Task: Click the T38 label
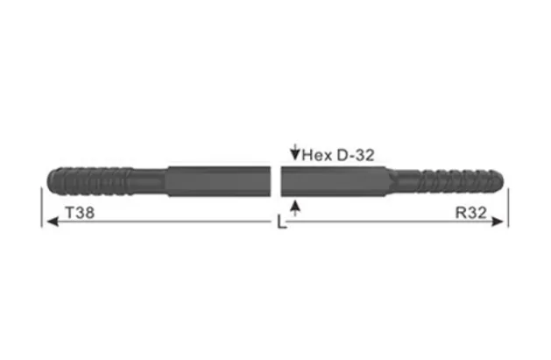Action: [x=81, y=212]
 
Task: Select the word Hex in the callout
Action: [x=316, y=156]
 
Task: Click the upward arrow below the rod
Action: [x=294, y=207]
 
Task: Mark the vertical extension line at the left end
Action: [x=41, y=206]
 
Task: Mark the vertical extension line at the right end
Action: [x=508, y=206]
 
